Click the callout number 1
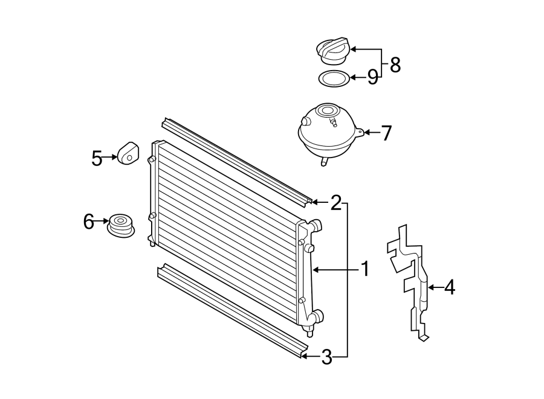pyautogui.click(x=365, y=269)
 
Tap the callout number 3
pyautogui.click(x=326, y=357)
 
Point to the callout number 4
pyautogui.click(x=449, y=288)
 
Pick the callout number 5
pyautogui.click(x=97, y=158)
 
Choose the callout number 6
pyautogui.click(x=89, y=222)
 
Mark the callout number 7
pyautogui.click(x=386, y=132)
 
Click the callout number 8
pyautogui.click(x=395, y=64)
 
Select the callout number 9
pyautogui.click(x=372, y=77)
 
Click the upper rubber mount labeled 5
pyautogui.click(x=128, y=152)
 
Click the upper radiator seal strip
pyautogui.click(x=236, y=161)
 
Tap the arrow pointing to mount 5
pyautogui.click(x=110, y=158)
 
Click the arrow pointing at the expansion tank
pyautogui.click(x=371, y=132)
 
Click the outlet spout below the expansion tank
pyautogui.click(x=324, y=162)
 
